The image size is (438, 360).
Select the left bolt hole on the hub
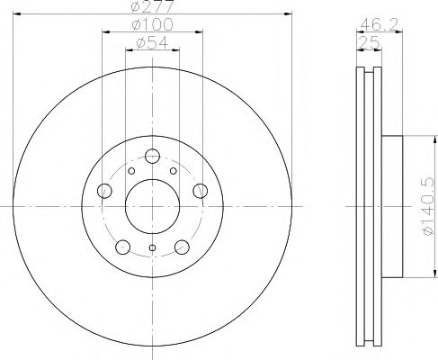tap(105, 190)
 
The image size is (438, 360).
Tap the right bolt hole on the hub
tap(199, 190)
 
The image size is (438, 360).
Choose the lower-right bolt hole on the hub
tap(181, 245)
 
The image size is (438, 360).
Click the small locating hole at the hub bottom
tap(152, 249)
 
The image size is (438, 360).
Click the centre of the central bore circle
tap(152, 205)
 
